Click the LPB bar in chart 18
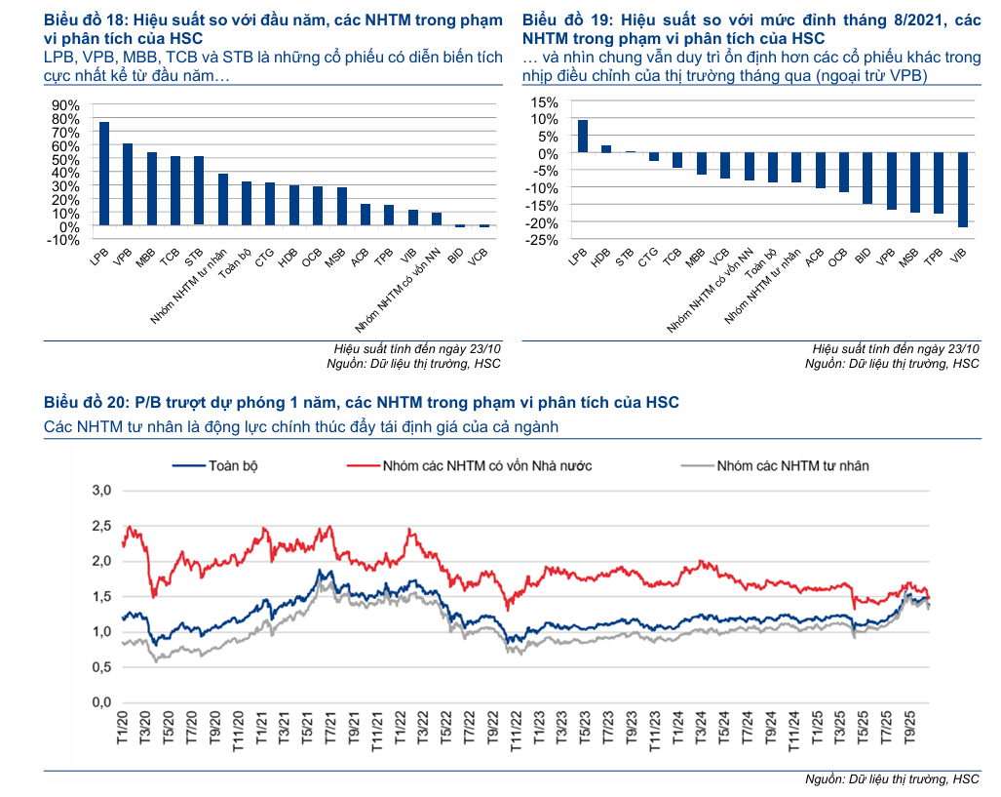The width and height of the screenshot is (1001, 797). (104, 174)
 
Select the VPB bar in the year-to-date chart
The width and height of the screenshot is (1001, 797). (128, 184)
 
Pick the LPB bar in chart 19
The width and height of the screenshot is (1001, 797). (583, 137)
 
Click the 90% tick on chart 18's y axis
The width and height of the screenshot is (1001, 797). (63, 105)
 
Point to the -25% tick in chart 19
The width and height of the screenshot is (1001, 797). (543, 239)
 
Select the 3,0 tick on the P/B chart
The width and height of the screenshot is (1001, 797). (101, 490)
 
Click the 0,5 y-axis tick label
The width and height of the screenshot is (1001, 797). (101, 667)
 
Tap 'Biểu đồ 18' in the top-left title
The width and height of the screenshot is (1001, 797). (85, 20)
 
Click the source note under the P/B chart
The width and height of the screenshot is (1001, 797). (892, 779)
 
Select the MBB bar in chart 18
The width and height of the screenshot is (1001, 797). (152, 188)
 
